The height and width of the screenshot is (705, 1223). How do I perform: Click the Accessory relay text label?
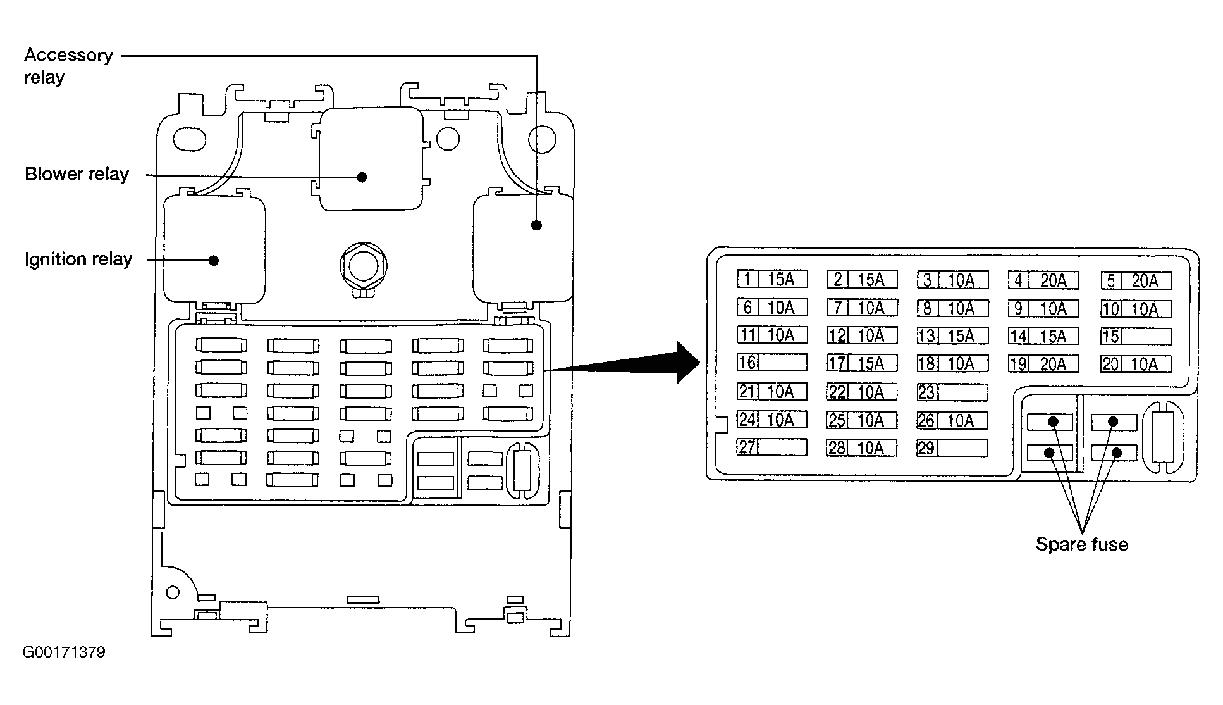pyautogui.click(x=68, y=66)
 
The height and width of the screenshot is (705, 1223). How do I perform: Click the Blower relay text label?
pyautogui.click(x=77, y=174)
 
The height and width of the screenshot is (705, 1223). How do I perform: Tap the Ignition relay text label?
pyautogui.click(x=78, y=259)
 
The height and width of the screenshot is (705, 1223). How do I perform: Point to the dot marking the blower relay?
pyautogui.click(x=362, y=177)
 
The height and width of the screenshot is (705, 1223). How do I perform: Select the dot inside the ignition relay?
pyautogui.click(x=214, y=260)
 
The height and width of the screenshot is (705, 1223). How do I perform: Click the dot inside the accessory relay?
pyautogui.click(x=536, y=225)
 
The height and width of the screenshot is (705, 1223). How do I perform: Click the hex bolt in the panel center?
pyautogui.click(x=363, y=266)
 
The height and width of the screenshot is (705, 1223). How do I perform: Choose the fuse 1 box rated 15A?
pyautogui.click(x=772, y=279)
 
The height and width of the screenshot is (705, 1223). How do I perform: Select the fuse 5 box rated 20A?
pyautogui.click(x=1136, y=280)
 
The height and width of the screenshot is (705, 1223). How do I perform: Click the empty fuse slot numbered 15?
pyautogui.click(x=1136, y=336)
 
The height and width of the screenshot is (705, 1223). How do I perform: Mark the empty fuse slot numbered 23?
pyautogui.click(x=952, y=392)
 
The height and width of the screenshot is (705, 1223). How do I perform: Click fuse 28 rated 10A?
pyautogui.click(x=862, y=448)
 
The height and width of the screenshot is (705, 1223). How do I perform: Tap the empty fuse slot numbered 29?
pyautogui.click(x=952, y=448)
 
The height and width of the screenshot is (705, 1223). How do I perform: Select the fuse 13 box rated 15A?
pyautogui.click(x=952, y=336)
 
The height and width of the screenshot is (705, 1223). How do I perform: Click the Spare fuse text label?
pyautogui.click(x=1081, y=544)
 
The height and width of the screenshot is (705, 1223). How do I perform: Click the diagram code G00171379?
pyautogui.click(x=64, y=652)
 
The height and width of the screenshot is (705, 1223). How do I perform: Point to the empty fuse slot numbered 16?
pyautogui.click(x=772, y=363)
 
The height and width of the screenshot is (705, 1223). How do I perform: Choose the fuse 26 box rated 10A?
pyautogui.click(x=952, y=420)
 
